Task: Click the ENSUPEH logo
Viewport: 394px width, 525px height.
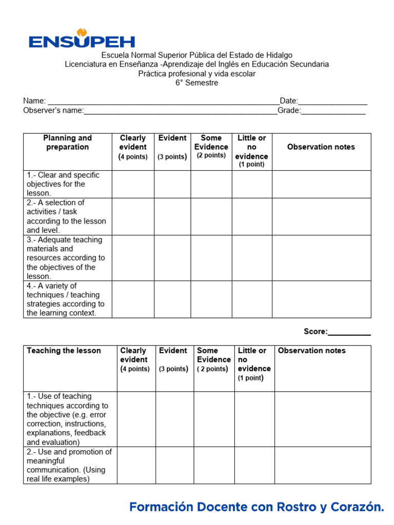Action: pos(82,39)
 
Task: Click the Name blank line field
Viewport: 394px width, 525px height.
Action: pos(163,102)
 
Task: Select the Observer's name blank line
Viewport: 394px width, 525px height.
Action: pos(180,111)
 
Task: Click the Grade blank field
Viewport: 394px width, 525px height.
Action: pos(333,111)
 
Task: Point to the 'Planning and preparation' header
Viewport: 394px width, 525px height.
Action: pos(67,143)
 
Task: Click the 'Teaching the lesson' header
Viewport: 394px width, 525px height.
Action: pos(64,351)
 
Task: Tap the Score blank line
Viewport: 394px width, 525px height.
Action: pos(349,332)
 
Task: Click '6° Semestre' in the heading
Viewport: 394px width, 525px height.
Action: pos(196,83)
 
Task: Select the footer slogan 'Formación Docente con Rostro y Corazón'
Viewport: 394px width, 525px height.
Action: pos(257,507)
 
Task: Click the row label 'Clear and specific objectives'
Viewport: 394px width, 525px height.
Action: pos(63,184)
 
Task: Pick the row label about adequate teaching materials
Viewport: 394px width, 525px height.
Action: pos(66,258)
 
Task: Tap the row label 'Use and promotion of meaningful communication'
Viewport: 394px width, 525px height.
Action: pos(69,466)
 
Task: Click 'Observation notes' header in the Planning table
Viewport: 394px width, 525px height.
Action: pos(321,147)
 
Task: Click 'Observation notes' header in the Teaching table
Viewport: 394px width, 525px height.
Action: pos(311,351)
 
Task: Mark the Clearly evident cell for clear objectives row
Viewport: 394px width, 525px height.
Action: pos(133,184)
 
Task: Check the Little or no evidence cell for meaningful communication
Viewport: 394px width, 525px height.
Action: pos(254,466)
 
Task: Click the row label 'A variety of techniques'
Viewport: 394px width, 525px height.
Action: pos(66,299)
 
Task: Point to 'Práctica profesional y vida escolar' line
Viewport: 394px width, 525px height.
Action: pos(196,73)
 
